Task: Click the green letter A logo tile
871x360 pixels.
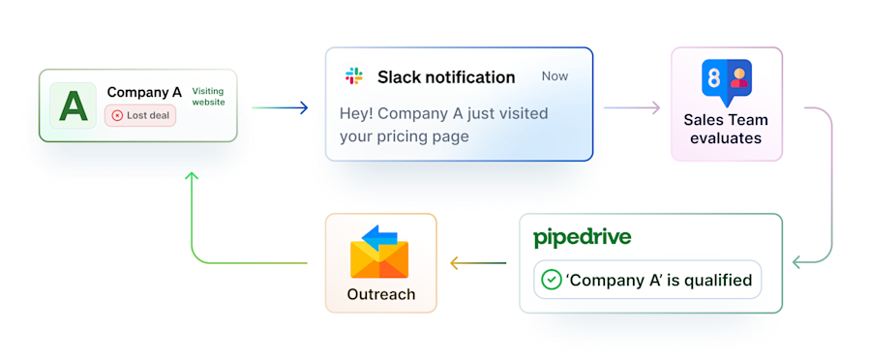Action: pos(74,105)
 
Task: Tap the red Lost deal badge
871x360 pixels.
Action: pos(140,115)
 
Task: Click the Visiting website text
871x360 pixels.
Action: pos(208,96)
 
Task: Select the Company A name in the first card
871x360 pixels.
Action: pos(144,92)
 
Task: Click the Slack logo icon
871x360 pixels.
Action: pos(353,76)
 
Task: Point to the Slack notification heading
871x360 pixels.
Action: pos(446,76)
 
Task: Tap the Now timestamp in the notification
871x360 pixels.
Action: pos(556,76)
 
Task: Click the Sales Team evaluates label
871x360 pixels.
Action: pos(726,129)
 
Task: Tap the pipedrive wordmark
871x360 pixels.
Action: pos(582,238)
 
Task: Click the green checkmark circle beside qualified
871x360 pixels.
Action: pos(551,280)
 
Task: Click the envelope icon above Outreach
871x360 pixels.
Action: pos(379,252)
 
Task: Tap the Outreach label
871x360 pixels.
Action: pos(380,294)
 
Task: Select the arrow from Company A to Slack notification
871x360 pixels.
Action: pos(280,108)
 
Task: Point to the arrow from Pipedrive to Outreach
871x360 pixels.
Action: pos(478,262)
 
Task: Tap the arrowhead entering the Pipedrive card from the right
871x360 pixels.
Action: pos(798,262)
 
